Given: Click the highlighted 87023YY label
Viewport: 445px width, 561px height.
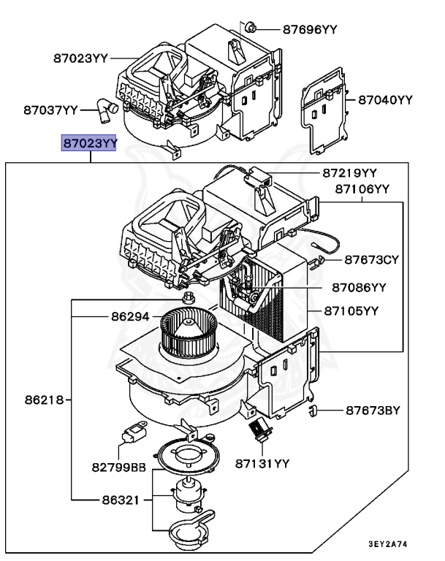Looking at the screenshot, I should pyautogui.click(x=88, y=144).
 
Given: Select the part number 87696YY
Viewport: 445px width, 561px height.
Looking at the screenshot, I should pyautogui.click(x=310, y=29).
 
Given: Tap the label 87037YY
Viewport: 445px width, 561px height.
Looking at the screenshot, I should pyautogui.click(x=50, y=110).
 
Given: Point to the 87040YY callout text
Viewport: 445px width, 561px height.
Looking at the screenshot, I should pyautogui.click(x=385, y=99).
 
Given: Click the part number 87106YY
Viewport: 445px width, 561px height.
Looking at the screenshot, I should pyautogui.click(x=362, y=188).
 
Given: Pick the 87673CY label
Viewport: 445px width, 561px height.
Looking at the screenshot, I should pyautogui.click(x=372, y=259).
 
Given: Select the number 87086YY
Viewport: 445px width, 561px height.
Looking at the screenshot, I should pyautogui.click(x=358, y=287).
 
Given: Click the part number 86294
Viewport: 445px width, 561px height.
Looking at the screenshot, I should pyautogui.click(x=130, y=318).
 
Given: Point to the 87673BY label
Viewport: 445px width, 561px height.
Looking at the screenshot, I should pyautogui.click(x=373, y=411).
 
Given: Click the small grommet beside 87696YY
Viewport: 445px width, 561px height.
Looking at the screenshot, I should pyautogui.click(x=251, y=28).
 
